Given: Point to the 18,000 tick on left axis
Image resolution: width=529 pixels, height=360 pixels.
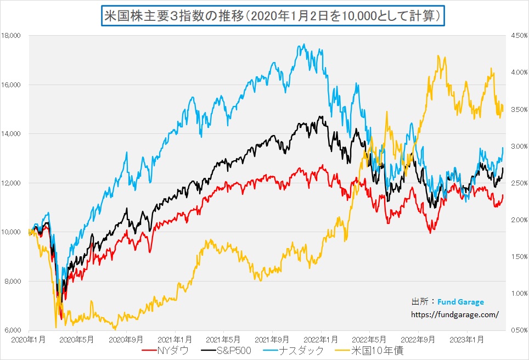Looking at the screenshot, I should (12, 36).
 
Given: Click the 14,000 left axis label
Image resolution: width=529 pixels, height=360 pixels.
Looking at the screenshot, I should (12, 134).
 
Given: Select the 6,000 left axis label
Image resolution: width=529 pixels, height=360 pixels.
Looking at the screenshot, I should (13, 330).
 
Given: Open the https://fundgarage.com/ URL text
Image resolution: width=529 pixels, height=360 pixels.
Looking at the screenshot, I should (455, 314).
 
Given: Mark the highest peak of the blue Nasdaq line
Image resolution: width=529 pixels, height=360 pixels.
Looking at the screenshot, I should (304, 44).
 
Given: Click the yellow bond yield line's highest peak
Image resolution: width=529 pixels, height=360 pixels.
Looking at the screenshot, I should (438, 55).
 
